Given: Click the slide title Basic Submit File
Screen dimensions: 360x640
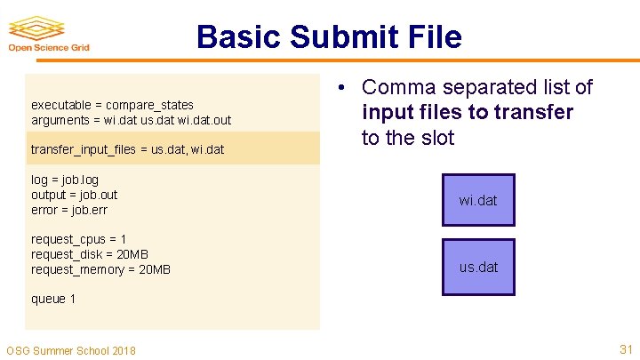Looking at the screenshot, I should coord(329,37).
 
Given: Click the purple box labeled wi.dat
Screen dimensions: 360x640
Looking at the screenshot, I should coord(478,200).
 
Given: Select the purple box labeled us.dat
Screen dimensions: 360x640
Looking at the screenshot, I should coord(478,267).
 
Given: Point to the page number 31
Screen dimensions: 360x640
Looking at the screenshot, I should coord(626,349).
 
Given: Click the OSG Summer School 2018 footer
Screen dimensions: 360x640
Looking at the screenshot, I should coord(71,350).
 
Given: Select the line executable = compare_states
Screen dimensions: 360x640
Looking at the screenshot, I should coord(112,105).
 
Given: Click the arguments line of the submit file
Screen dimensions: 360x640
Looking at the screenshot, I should coord(131,119).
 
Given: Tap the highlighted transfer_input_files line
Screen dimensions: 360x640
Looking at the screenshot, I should coord(127,149).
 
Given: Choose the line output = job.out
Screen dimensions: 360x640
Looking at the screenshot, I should coord(74,195).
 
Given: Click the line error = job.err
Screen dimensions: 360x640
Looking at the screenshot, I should coord(69,209).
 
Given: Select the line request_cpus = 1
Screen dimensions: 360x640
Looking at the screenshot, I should coord(78,239).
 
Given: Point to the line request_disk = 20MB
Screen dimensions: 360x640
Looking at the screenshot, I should coord(89,254).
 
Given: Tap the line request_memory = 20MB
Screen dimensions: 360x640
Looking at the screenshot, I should coord(100,269).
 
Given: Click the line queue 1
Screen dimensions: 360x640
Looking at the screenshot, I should coord(53,299).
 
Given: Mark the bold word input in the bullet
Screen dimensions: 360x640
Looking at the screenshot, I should coord(388,113).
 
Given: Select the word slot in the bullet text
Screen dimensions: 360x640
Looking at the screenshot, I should coord(436,138).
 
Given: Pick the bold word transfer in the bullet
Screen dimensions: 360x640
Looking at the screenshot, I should coord(534,113).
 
